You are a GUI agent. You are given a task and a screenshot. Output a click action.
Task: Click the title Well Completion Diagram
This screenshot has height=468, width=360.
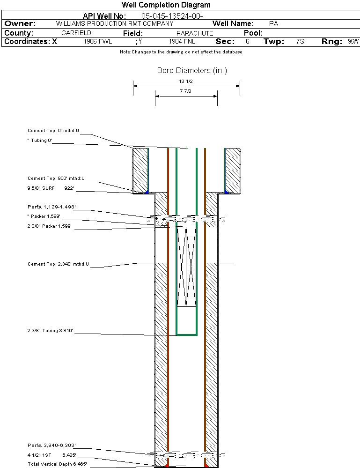tap(166, 5)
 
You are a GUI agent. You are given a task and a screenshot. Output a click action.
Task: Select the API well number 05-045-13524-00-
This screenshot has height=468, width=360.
tap(172, 16)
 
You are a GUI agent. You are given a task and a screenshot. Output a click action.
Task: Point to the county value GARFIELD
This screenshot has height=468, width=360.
tap(76, 33)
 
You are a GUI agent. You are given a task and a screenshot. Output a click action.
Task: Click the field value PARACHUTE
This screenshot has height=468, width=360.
tap(195, 33)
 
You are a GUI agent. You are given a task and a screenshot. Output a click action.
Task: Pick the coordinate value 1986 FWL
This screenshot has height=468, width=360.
tap(98, 42)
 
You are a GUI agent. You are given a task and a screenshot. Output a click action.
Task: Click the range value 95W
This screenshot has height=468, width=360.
tap(353, 42)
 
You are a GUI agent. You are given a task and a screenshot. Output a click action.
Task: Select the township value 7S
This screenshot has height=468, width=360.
tap(300, 42)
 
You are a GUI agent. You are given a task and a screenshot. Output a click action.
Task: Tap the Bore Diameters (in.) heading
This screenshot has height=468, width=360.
tap(192, 71)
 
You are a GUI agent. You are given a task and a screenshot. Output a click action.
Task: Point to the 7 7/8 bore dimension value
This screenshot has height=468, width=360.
tap(186, 92)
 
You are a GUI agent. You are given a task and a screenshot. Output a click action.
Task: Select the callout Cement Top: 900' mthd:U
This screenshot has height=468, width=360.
tap(56, 178)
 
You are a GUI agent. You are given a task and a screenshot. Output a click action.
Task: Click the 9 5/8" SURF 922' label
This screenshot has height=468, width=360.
tap(51, 189)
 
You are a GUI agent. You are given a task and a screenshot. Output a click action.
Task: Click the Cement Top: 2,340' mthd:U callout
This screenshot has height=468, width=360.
tap(58, 264)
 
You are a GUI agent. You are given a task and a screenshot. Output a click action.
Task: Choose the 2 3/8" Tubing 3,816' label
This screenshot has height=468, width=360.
tap(50, 331)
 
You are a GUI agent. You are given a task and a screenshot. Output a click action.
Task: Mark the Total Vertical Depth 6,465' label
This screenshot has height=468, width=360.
tap(57, 464)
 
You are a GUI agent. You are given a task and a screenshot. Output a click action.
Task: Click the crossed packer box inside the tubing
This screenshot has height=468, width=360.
tap(186, 267)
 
